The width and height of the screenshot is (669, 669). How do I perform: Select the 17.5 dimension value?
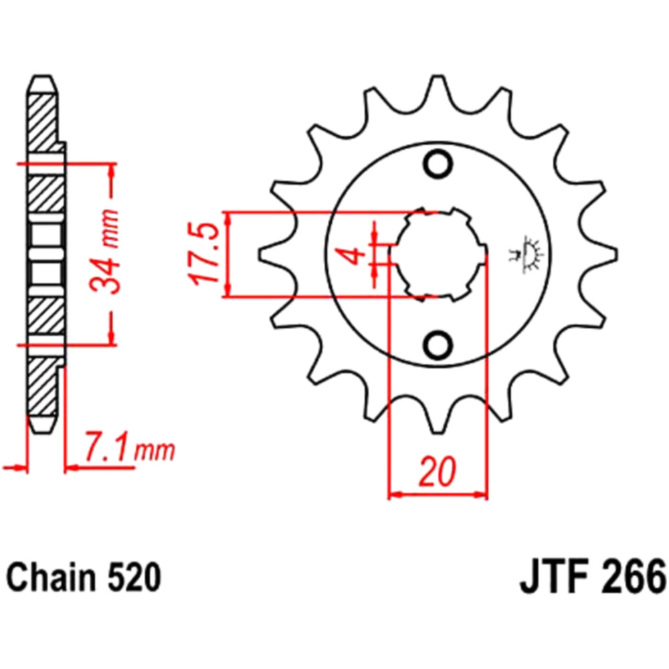click(x=204, y=254)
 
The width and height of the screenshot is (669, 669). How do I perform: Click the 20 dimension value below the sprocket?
click(x=438, y=472)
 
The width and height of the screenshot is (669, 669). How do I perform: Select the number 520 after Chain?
click(x=134, y=578)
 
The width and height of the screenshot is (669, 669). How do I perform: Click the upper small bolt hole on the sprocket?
click(x=438, y=164)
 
